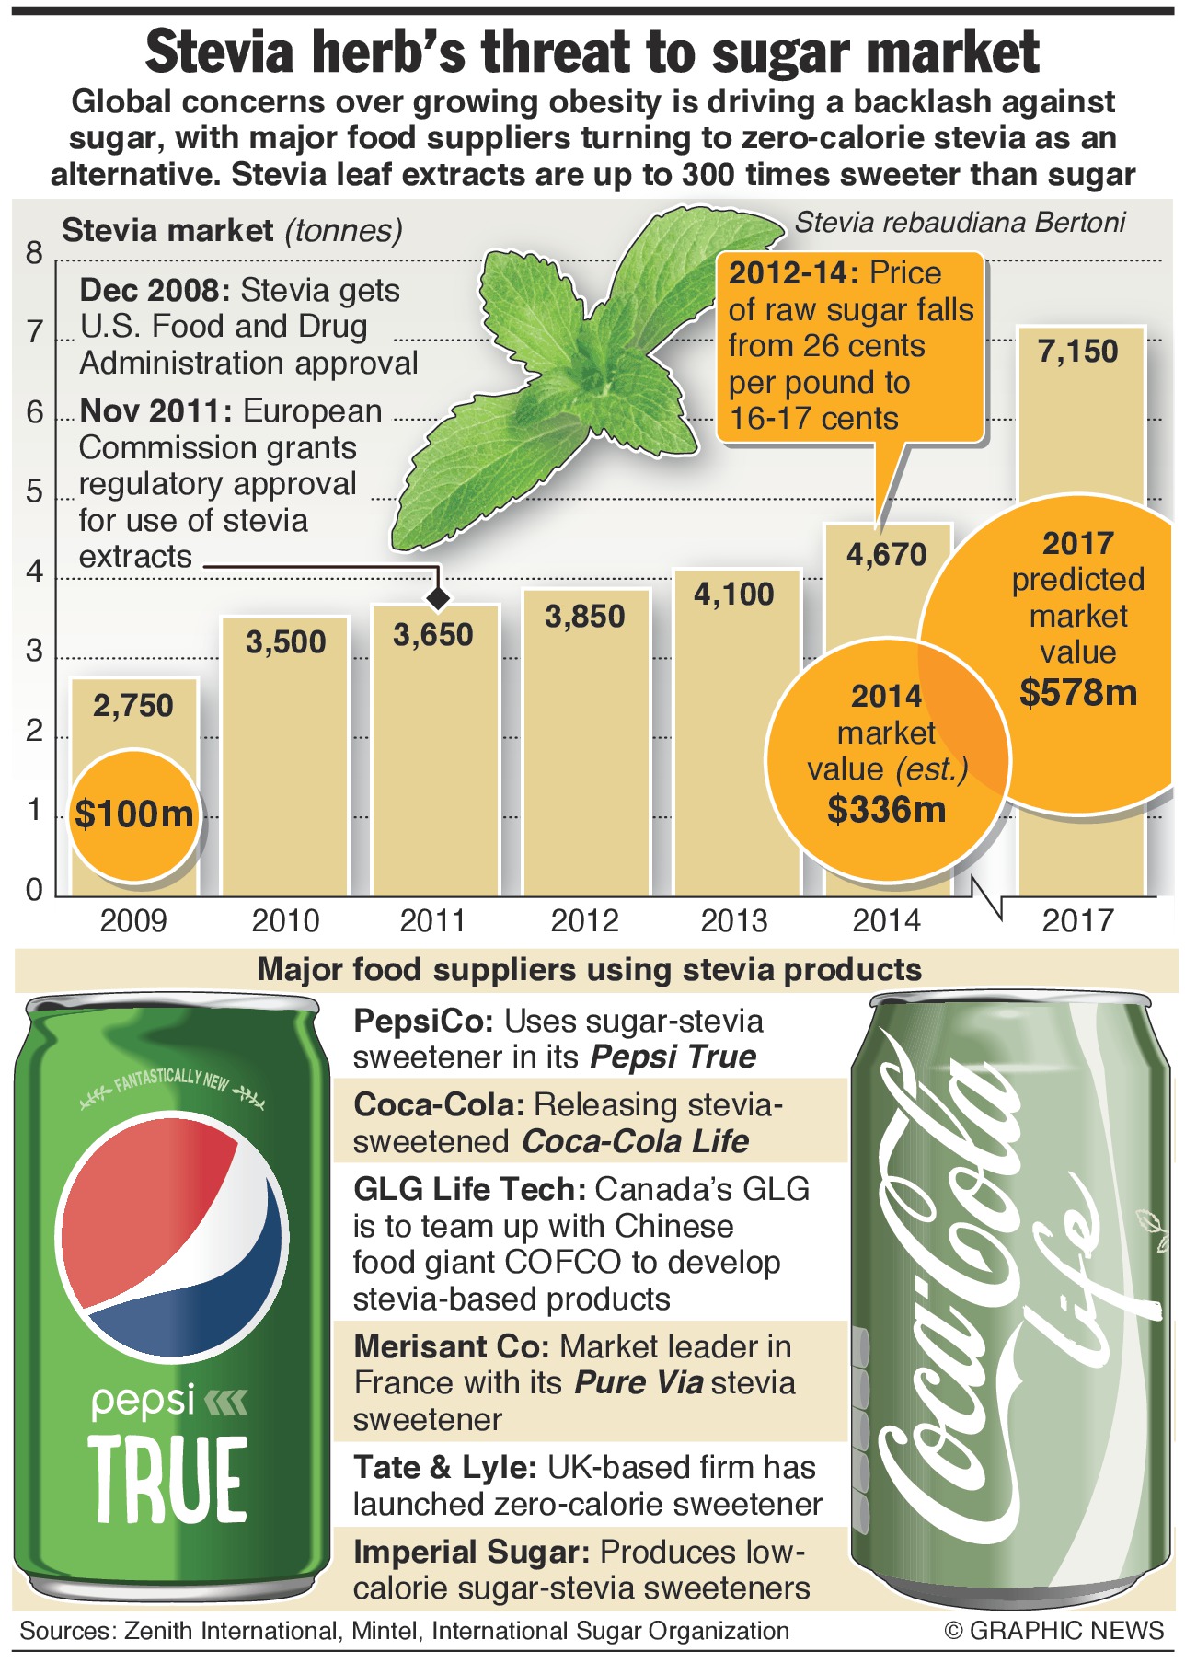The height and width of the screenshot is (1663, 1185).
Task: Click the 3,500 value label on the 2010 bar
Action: (286, 642)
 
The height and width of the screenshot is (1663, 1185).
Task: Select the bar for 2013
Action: (737, 755)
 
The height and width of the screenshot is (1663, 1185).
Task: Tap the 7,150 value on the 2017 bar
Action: (1077, 352)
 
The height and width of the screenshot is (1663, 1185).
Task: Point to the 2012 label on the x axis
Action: (584, 920)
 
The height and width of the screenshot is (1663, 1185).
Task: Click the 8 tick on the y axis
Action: (35, 253)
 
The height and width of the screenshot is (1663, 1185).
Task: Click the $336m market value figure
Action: (886, 810)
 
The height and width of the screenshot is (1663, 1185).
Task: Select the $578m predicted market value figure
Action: (1078, 692)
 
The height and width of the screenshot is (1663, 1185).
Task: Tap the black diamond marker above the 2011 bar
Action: (439, 598)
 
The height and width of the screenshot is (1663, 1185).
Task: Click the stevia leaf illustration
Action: (589, 368)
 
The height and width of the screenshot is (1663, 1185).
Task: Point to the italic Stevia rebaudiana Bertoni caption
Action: (960, 223)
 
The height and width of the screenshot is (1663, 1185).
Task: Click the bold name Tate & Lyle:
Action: (445, 1468)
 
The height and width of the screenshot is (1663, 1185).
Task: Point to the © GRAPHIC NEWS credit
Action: (1054, 1631)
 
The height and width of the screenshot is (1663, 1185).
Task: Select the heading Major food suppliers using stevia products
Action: (590, 970)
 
